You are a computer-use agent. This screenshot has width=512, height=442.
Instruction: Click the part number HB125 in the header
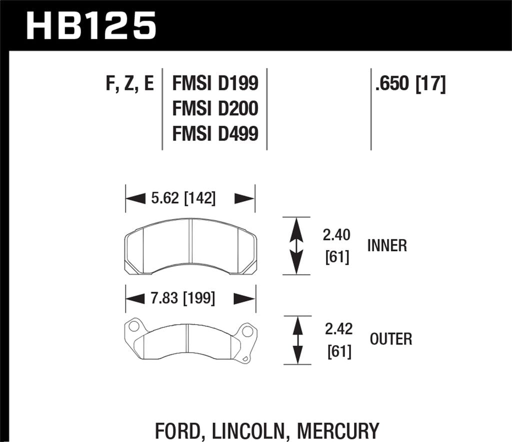[x=91, y=25]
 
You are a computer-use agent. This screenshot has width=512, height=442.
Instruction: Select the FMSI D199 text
[x=215, y=84]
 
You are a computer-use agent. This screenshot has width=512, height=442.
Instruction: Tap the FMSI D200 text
[x=215, y=108]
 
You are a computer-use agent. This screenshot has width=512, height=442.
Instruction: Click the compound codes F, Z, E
[x=129, y=84]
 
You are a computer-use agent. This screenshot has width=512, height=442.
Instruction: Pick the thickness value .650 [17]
[x=410, y=84]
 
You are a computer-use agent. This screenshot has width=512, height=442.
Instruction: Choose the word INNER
[x=387, y=246]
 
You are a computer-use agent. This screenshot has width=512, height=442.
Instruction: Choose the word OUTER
[x=391, y=340]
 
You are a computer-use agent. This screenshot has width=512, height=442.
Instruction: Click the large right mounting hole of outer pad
[x=246, y=331]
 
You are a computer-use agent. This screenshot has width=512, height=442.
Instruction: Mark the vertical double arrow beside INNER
[x=297, y=246]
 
